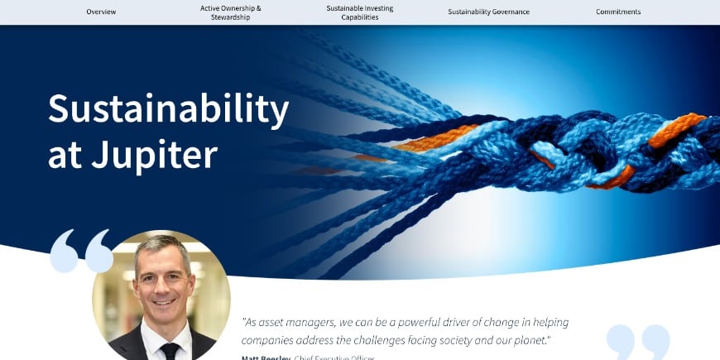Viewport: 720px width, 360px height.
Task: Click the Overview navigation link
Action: (x=101, y=12)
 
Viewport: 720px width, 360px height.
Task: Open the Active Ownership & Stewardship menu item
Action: (x=230, y=12)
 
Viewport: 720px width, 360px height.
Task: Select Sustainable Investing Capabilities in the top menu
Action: (x=359, y=12)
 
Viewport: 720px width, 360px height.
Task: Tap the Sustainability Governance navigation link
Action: (x=488, y=12)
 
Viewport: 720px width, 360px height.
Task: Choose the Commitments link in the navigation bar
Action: (x=618, y=12)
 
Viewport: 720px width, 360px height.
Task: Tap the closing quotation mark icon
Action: (x=638, y=341)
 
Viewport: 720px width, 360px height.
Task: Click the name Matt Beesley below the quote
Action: (x=265, y=358)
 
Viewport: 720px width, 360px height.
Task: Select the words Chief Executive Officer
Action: (x=334, y=358)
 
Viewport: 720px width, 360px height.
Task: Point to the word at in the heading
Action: (x=65, y=154)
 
